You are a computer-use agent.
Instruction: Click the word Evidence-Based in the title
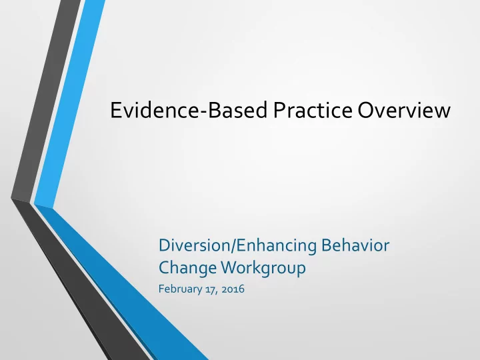(x=189, y=110)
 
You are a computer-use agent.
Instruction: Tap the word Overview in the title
(x=404, y=110)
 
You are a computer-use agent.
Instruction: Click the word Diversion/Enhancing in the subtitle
(x=237, y=245)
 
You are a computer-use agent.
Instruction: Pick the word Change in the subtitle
(x=187, y=267)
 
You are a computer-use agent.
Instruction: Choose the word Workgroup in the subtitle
(x=263, y=267)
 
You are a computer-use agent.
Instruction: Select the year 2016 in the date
(x=233, y=289)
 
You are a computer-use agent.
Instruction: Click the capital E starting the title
(x=115, y=110)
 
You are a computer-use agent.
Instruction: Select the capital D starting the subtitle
(x=165, y=245)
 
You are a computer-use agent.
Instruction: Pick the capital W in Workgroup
(x=231, y=267)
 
